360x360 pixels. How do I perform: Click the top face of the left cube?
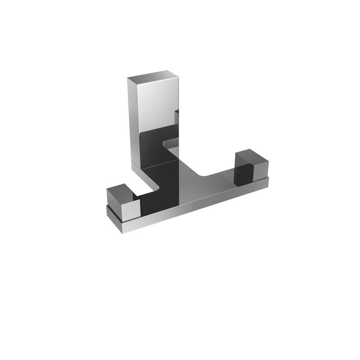pos(118,189)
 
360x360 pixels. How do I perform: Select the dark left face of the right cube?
pos(242,170)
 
